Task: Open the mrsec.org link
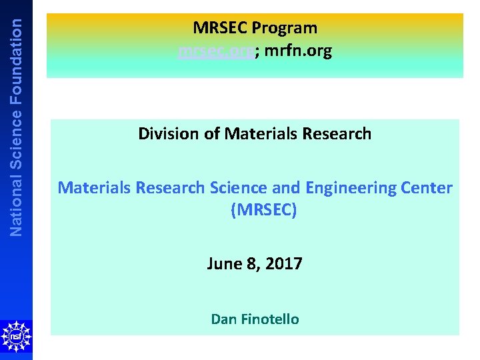click(x=216, y=51)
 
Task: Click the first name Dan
click(x=223, y=319)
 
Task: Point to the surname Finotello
click(x=269, y=319)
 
